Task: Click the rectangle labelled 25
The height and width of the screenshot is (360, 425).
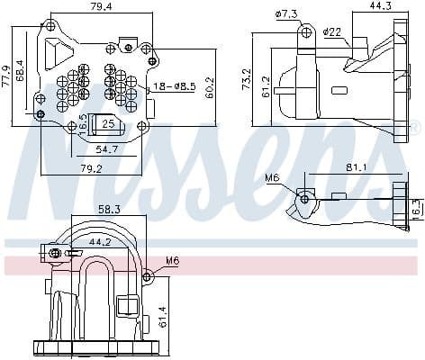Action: pyautogui.click(x=108, y=123)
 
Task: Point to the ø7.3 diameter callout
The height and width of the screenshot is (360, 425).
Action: pyautogui.click(x=287, y=13)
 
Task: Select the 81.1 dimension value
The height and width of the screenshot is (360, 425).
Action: pyautogui.click(x=354, y=166)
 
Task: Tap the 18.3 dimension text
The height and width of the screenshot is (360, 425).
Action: pyautogui.click(x=415, y=208)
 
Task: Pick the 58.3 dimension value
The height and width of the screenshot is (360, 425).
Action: pyautogui.click(x=109, y=209)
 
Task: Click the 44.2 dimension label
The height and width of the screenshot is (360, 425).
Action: pyautogui.click(x=101, y=240)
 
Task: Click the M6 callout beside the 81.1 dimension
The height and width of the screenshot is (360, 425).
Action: pyautogui.click(x=273, y=178)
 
